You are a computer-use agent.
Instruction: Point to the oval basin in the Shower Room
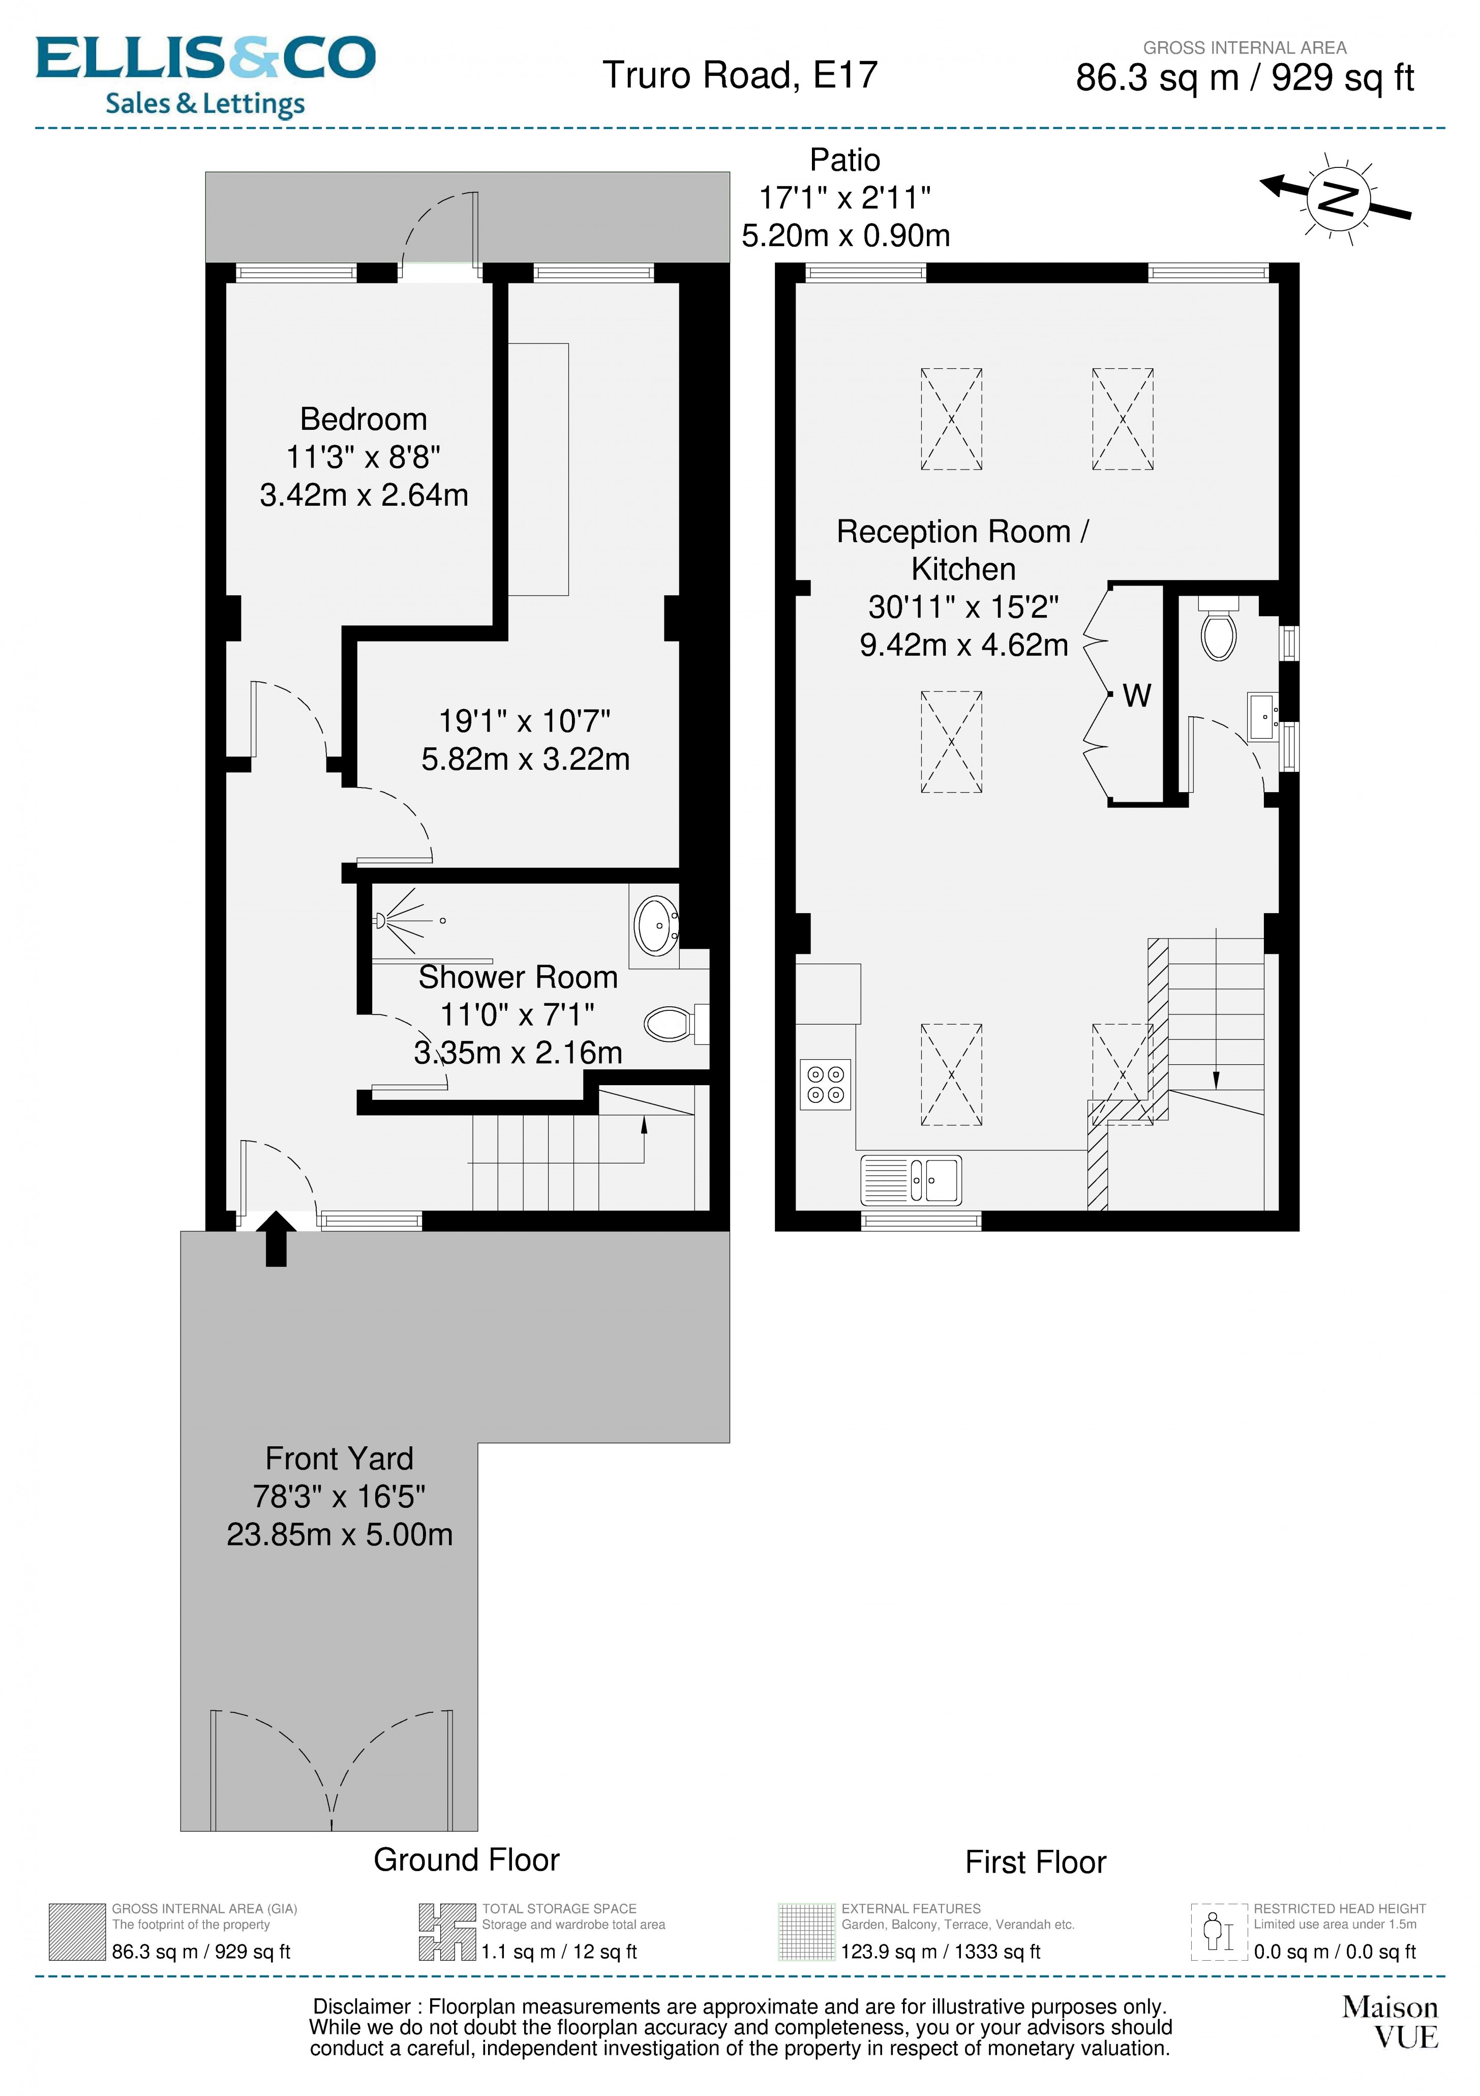click(x=655, y=926)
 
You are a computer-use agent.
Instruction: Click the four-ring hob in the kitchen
click(x=825, y=1084)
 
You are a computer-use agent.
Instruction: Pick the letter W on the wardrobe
click(x=1136, y=695)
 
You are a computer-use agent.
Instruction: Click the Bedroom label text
click(x=363, y=419)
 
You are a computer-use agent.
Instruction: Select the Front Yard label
click(x=340, y=1458)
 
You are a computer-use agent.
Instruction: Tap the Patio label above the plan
click(x=845, y=160)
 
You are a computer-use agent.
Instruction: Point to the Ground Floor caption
click(x=466, y=1859)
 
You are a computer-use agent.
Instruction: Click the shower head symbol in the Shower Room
click(x=380, y=920)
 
